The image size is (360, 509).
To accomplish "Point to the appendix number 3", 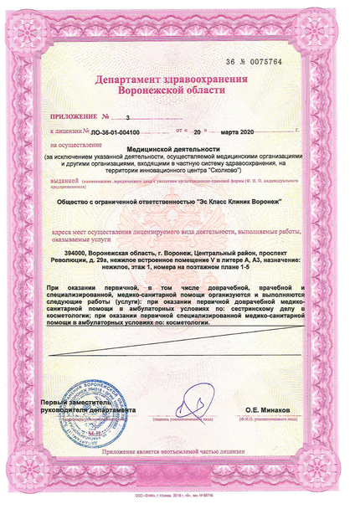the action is pyautogui.click(x=127, y=119).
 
